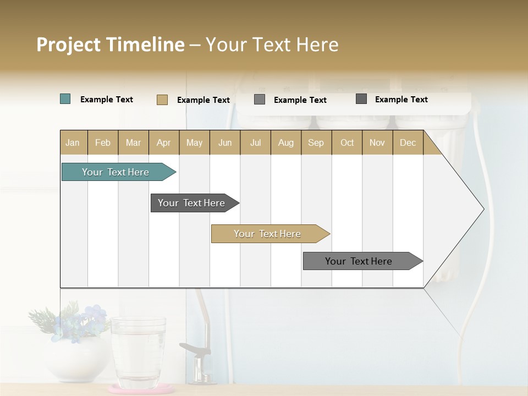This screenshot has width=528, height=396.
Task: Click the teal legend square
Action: coord(65,99)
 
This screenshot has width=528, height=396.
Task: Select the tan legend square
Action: coord(162,100)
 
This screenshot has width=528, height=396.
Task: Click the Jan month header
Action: coord(73,142)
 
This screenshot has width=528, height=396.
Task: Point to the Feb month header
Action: coord(103,142)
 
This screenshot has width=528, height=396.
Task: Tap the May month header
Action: coord(194,142)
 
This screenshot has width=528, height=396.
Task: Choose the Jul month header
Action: coord(255,142)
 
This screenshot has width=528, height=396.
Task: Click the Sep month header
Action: coord(316,142)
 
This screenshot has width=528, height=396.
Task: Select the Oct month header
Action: coord(347,142)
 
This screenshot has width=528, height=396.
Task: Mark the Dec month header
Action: coord(408,142)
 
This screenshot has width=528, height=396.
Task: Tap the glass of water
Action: coord(138,352)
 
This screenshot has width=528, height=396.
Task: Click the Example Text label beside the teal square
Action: coord(107,100)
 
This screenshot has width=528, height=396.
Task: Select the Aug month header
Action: coord(285,142)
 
